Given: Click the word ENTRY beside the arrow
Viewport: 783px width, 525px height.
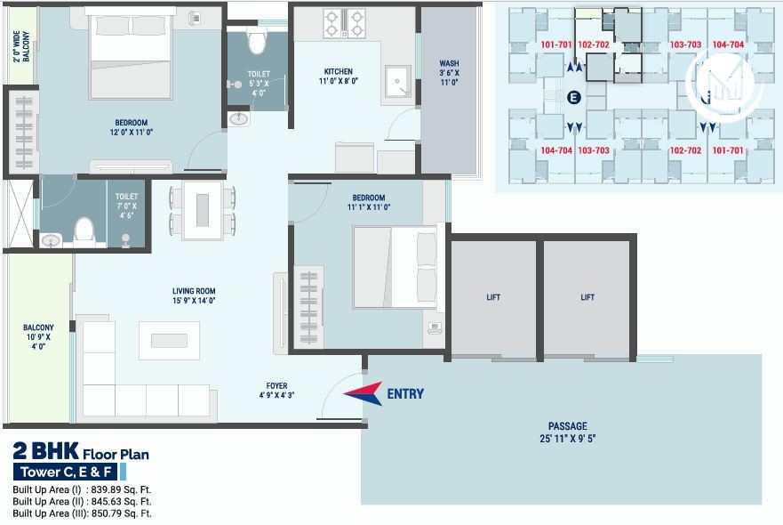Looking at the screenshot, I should [405, 394].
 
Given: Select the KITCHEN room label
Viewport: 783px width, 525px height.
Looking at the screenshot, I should [338, 72].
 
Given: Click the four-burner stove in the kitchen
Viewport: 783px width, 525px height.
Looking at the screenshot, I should [344, 22].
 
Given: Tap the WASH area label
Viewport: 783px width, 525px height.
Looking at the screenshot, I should [449, 63].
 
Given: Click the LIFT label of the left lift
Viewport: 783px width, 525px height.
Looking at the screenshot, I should [493, 297].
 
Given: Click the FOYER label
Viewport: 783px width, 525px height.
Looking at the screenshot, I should [277, 386].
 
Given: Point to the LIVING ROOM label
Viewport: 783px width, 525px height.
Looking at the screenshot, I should [194, 291].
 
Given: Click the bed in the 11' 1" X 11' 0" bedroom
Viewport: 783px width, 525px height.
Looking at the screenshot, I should [395, 267].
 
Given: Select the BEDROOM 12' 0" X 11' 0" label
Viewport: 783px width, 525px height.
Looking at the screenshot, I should [131, 128].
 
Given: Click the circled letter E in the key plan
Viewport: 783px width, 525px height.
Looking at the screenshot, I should [573, 96].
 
